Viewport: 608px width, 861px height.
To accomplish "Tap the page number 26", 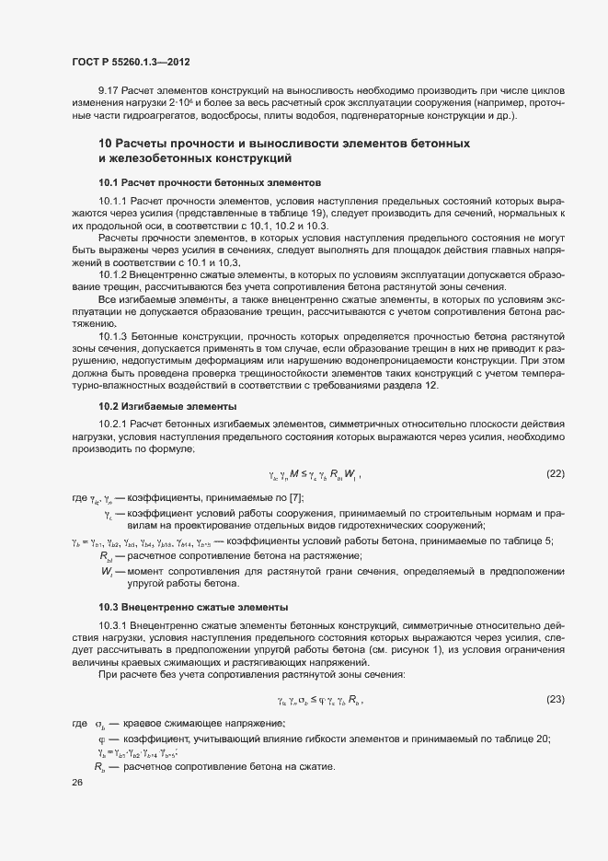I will click(x=77, y=783).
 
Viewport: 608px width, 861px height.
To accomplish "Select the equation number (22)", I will click(x=555, y=473).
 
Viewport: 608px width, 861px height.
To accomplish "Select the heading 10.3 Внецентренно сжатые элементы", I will click(x=193, y=607).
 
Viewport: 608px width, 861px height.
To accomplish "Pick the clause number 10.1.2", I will click(x=114, y=274).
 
